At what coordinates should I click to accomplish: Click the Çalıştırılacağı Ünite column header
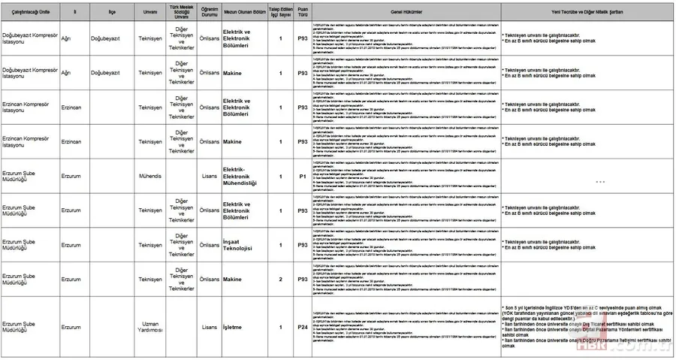point(29,12)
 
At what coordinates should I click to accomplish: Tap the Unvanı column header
point(150,12)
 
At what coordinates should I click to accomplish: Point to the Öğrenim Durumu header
point(209,12)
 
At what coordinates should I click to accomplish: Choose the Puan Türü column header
point(303,12)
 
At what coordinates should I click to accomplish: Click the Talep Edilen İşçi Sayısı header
point(280,12)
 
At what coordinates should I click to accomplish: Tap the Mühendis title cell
point(150,177)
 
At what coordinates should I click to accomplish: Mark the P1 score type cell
point(303,177)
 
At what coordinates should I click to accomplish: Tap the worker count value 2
point(280,280)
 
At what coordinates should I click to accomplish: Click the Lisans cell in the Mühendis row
point(209,177)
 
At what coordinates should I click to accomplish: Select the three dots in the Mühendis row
point(599,182)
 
